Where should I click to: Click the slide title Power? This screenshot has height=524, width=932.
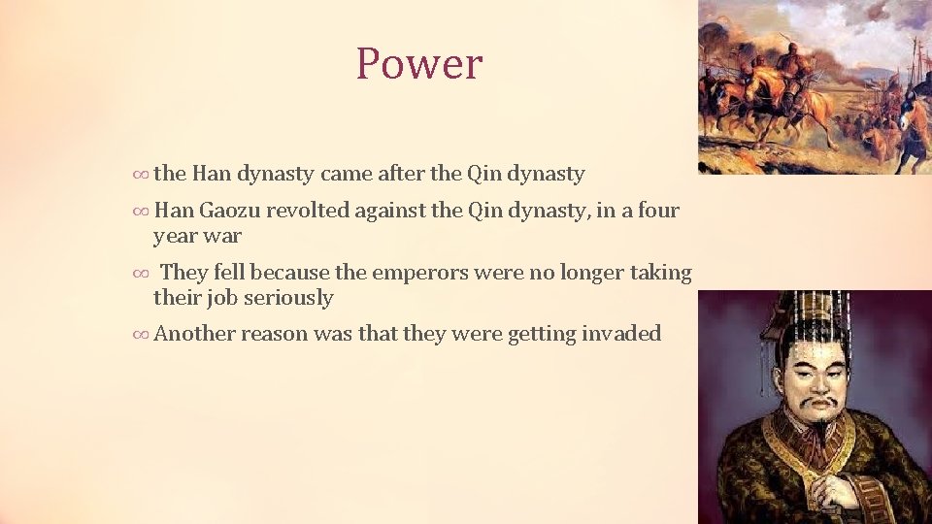(x=418, y=64)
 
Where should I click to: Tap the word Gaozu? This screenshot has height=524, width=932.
(x=229, y=211)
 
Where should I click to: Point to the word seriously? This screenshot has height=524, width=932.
(x=288, y=298)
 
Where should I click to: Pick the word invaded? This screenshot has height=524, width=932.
(x=621, y=334)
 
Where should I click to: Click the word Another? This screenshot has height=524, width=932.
(x=194, y=334)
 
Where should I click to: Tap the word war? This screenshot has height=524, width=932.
(x=222, y=235)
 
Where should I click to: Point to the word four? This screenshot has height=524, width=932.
(x=657, y=211)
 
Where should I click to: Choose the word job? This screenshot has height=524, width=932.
(x=218, y=298)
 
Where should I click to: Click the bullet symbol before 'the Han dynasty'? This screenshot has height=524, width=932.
(x=140, y=175)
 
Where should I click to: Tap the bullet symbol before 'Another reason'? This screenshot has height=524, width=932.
(x=140, y=335)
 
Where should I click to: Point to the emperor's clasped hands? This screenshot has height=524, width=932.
(x=828, y=490)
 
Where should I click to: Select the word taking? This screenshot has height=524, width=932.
(x=660, y=274)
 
